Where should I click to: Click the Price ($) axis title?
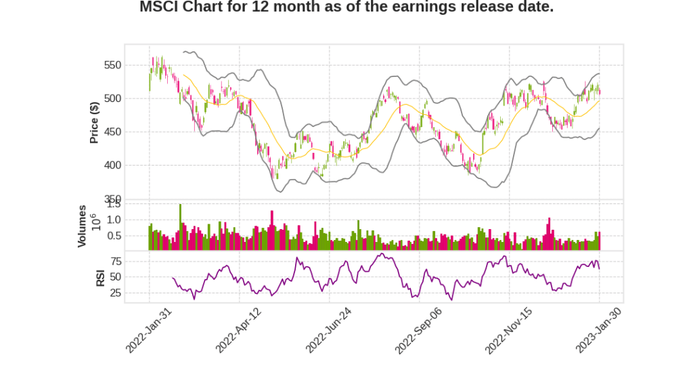point(95,122)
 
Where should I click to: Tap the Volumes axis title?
point(82,226)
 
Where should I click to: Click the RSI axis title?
point(100,277)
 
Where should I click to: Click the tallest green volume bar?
point(180,227)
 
